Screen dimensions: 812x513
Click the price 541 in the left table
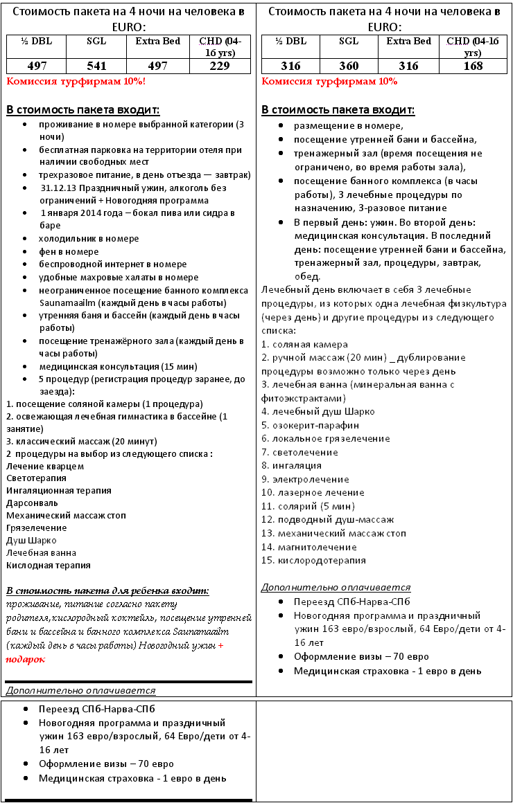(x=96, y=66)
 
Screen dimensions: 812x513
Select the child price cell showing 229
(x=220, y=66)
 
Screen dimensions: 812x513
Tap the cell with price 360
(x=349, y=66)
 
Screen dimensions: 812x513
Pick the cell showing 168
(x=473, y=66)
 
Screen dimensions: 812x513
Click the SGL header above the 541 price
(x=96, y=42)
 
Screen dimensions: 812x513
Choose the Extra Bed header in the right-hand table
(x=408, y=42)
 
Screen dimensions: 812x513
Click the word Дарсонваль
(x=33, y=503)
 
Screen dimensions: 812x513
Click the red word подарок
(x=26, y=659)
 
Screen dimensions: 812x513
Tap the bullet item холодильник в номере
(x=89, y=238)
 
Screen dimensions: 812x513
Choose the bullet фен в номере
(x=69, y=251)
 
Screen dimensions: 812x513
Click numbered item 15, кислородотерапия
(x=313, y=560)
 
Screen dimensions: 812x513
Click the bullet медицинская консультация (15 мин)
(x=118, y=366)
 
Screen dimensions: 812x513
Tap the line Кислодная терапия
(x=49, y=565)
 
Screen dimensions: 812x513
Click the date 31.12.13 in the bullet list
(x=58, y=188)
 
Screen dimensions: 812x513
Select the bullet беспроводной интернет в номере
(x=112, y=264)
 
